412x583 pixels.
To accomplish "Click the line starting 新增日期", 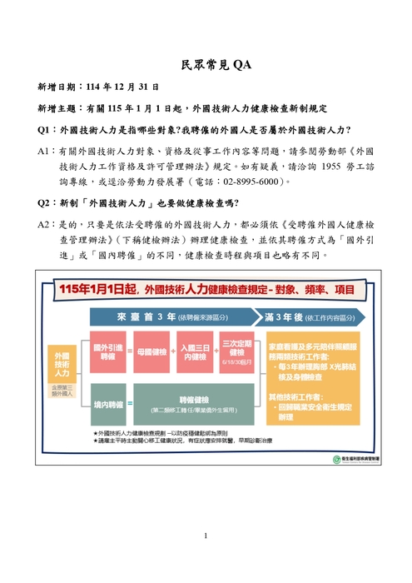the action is [98, 86].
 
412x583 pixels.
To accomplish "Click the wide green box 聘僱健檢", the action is [192, 404].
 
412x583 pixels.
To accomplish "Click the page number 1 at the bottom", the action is [206, 536].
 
